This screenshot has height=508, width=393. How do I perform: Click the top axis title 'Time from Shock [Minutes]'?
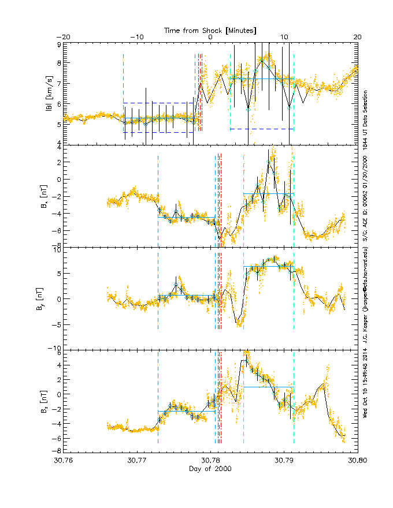[x=210, y=29]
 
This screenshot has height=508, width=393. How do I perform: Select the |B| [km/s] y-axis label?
[x=50, y=94]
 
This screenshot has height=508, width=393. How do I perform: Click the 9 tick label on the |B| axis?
[x=58, y=44]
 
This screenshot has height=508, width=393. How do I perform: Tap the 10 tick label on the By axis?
[x=57, y=250]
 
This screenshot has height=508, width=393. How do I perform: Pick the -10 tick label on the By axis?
[x=55, y=348]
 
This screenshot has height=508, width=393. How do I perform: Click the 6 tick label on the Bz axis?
[x=58, y=352]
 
